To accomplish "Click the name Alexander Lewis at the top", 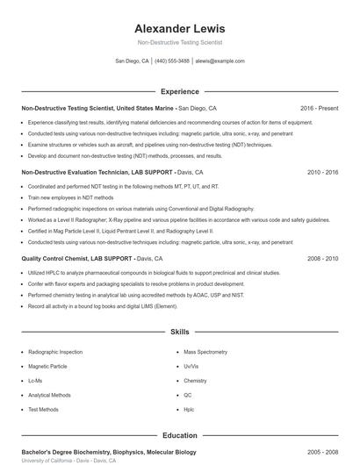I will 179,27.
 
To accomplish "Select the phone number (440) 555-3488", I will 172,61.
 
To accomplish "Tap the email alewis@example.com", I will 220,61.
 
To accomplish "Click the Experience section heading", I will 179,91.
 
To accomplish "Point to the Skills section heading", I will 179,333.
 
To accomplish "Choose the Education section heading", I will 179,435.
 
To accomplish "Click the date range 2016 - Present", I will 319,108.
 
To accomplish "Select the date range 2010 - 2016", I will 323,173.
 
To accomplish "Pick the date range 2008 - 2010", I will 323,259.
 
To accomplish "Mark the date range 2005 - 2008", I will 323,452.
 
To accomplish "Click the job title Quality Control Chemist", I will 57,259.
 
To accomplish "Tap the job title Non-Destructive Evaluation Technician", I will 76,173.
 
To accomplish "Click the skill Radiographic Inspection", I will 54,352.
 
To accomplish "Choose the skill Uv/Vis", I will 191,367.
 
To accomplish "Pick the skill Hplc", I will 189,409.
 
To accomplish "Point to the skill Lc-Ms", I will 35,381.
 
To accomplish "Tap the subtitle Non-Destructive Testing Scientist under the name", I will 179,42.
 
